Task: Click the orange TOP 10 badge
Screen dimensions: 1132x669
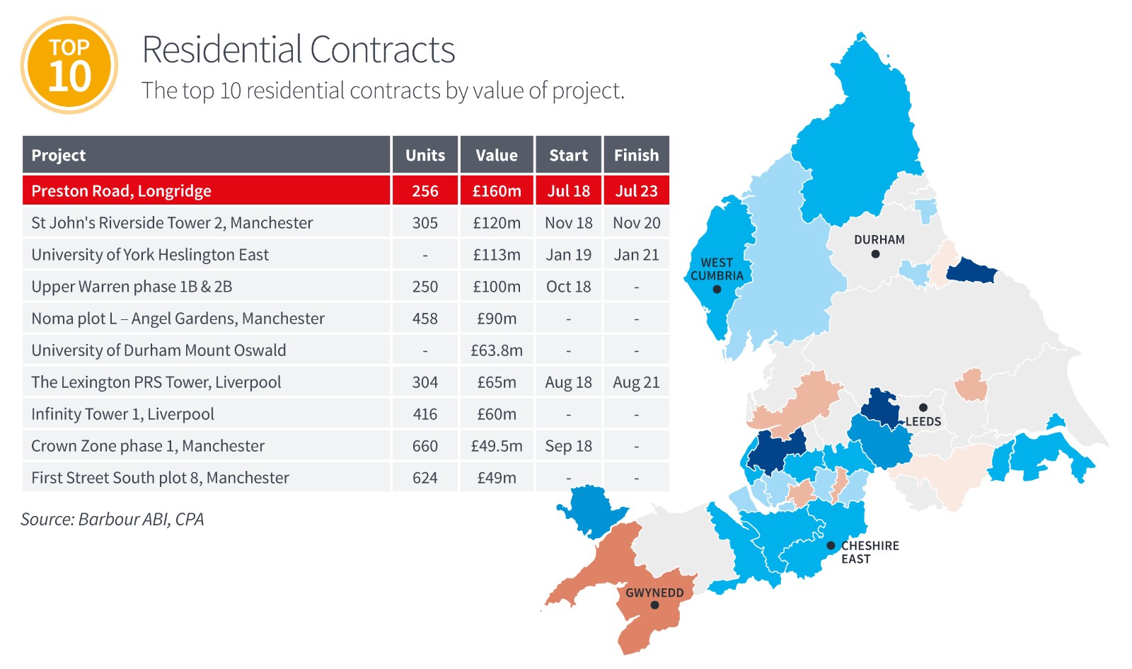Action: click(69, 65)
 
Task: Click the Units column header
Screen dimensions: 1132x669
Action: click(425, 155)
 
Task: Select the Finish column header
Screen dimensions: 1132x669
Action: click(636, 155)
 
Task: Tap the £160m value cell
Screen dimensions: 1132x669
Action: click(497, 190)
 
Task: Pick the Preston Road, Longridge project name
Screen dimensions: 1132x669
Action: click(121, 190)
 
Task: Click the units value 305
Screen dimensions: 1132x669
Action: click(425, 222)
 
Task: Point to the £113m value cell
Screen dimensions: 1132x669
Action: click(497, 254)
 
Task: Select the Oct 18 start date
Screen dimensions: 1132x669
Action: click(569, 286)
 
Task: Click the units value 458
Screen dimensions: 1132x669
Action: click(425, 318)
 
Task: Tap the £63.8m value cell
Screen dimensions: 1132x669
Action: click(497, 350)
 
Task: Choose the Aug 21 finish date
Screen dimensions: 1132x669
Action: click(636, 382)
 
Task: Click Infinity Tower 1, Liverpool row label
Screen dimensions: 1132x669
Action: click(123, 413)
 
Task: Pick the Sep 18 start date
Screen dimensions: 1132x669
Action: click(569, 445)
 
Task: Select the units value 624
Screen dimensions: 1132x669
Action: click(425, 477)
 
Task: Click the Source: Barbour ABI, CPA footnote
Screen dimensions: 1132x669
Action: click(112, 519)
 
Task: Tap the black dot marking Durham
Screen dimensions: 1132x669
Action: click(875, 254)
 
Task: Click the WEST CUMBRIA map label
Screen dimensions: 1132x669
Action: click(717, 269)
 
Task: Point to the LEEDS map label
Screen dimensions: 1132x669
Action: click(923, 421)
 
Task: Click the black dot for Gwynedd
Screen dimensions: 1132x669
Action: click(654, 605)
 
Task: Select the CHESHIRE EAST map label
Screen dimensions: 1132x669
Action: click(870, 552)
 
